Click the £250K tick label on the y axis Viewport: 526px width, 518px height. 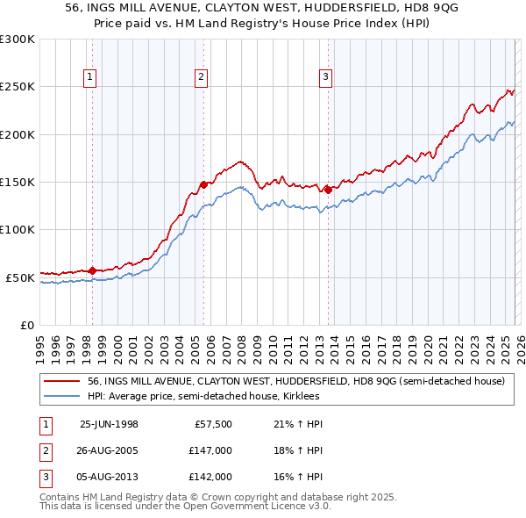[x=18, y=87]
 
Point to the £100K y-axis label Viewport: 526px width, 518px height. [x=18, y=229]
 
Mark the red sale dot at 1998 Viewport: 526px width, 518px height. [x=93, y=270]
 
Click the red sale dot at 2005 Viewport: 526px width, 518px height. [x=203, y=184]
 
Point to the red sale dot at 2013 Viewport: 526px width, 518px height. [x=327, y=189]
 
